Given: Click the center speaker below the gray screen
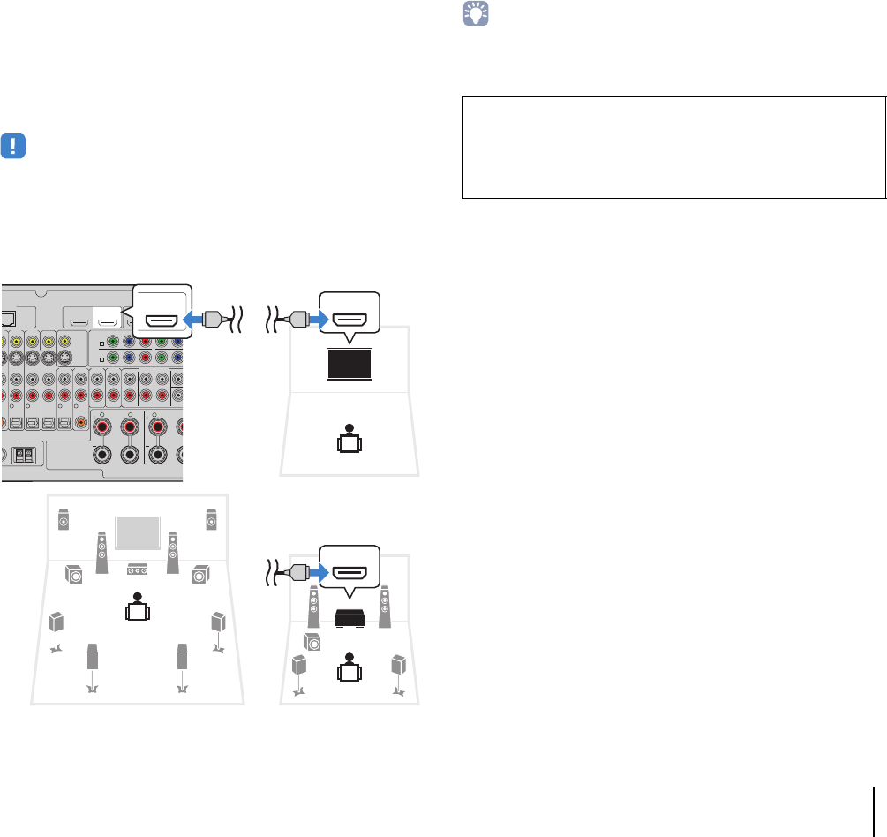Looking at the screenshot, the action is coord(136,569).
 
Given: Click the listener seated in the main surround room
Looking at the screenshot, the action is coord(137,607).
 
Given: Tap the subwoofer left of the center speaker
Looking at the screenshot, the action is coord(74,576).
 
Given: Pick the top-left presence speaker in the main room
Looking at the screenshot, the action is coord(64,521).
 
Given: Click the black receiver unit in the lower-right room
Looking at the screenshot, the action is coord(350,619).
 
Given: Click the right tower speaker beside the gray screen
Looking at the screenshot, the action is coord(173,551).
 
